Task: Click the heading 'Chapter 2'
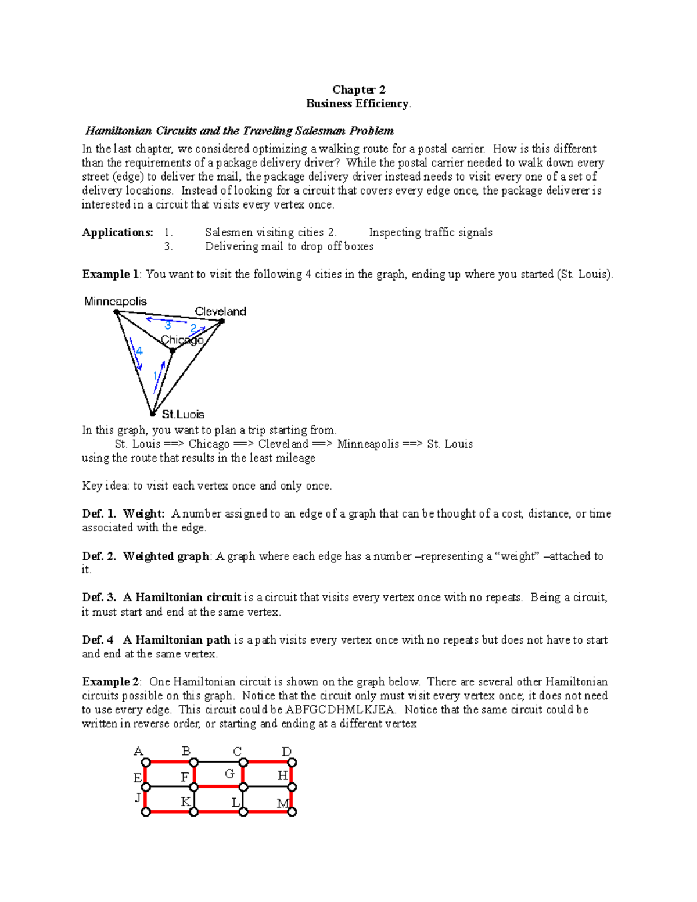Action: click(358, 89)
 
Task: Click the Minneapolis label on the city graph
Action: click(116, 301)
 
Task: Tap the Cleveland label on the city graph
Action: click(220, 311)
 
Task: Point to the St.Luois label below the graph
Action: click(183, 414)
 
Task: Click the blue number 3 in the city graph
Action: click(168, 326)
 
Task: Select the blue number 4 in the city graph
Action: click(139, 351)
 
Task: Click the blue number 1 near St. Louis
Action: click(155, 376)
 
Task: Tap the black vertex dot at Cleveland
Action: click(222, 321)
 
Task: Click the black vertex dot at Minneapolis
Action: click(116, 312)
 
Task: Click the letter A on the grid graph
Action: click(138, 752)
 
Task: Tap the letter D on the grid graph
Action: click(286, 752)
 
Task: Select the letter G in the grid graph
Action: click(229, 774)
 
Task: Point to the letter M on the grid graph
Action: click(283, 804)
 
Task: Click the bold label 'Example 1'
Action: click(110, 274)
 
